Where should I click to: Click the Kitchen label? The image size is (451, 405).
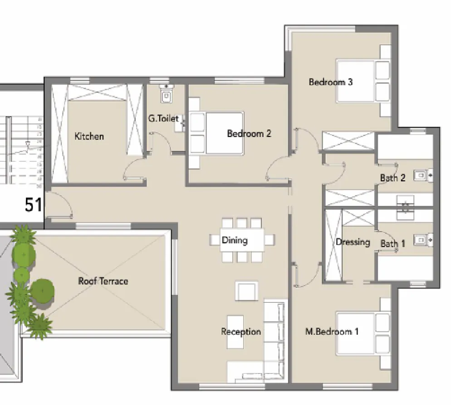(x=89, y=136)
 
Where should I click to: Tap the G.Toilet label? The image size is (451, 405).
(x=163, y=119)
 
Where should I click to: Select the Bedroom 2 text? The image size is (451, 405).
(x=249, y=134)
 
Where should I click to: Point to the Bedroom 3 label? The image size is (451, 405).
(x=331, y=82)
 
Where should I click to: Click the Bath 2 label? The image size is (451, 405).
(x=392, y=178)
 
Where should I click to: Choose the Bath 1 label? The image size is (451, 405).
(x=392, y=244)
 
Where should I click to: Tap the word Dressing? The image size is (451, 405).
(x=353, y=242)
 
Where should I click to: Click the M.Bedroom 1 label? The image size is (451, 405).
(x=332, y=332)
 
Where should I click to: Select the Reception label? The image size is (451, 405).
(x=241, y=332)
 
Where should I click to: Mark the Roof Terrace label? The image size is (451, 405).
(x=103, y=281)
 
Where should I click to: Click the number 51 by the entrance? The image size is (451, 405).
(x=34, y=205)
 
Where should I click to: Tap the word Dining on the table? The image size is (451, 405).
(x=235, y=240)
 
